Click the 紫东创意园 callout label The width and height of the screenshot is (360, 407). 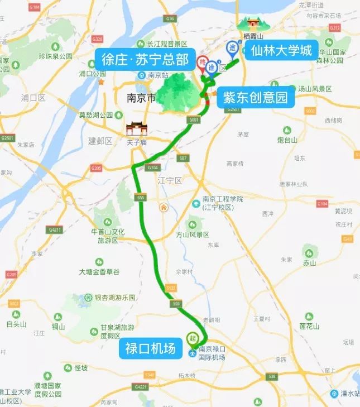255,97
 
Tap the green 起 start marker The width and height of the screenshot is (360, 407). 193,338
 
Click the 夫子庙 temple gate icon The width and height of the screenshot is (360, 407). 135,130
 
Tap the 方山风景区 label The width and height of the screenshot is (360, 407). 193,234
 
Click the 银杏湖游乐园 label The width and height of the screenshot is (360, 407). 114,298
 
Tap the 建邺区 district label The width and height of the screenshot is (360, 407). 100,141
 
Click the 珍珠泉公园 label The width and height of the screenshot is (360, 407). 55,56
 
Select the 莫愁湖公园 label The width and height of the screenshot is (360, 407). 95,115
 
